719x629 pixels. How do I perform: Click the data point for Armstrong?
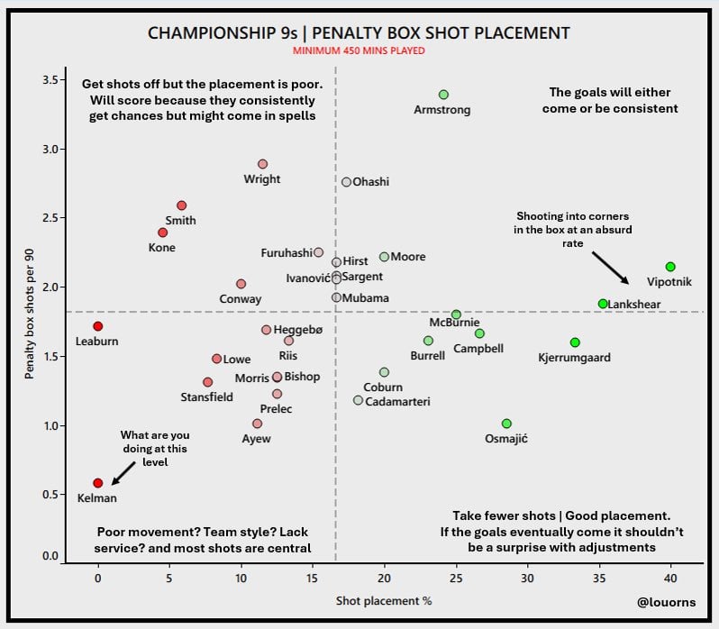[443, 95]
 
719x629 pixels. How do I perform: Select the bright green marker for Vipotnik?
[670, 267]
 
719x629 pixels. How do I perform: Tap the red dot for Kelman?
[97, 483]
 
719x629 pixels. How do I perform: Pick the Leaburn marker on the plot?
[97, 326]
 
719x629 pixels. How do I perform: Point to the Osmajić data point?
[506, 424]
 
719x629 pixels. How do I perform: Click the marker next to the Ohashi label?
[346, 182]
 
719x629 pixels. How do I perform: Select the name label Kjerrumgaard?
[574, 358]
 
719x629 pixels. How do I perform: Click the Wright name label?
[262, 179]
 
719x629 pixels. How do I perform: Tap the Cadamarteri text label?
[398, 401]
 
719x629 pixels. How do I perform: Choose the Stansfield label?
[206, 397]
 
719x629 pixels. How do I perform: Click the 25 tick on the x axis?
[456, 576]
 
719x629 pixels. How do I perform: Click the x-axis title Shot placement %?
[384, 600]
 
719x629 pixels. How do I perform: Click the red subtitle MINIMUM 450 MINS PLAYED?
[359, 51]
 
